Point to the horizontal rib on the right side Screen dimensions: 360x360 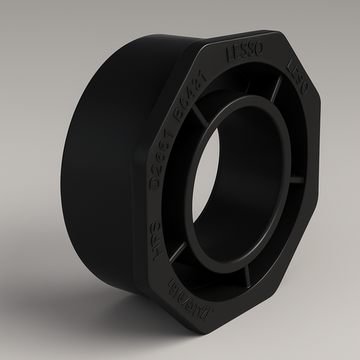click(297, 180)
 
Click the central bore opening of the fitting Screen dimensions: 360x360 click(232, 187)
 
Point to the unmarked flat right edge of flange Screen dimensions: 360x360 click(315, 180)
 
